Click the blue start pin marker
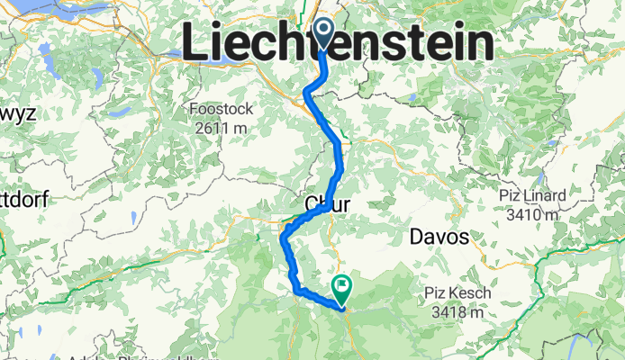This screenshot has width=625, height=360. (323, 32)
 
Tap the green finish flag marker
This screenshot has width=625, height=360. (343, 288)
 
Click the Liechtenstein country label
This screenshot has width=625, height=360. (339, 43)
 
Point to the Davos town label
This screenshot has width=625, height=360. (439, 238)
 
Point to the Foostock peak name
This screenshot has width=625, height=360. (222, 110)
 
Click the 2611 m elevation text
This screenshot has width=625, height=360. (222, 129)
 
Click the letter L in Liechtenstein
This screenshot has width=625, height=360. (195, 43)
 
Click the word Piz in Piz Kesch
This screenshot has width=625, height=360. (439, 293)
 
